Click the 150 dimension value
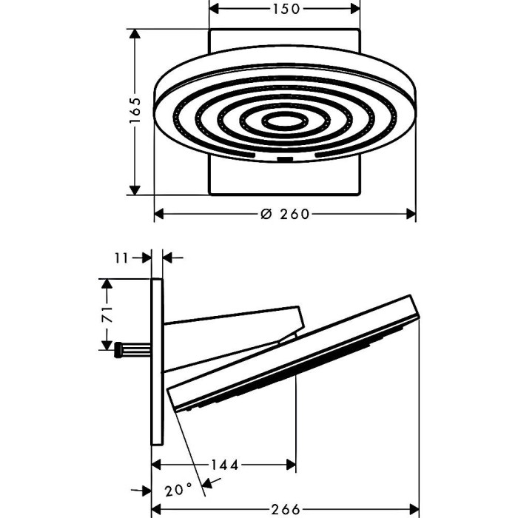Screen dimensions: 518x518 coord(286,9)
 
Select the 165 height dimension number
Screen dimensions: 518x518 coord(135,110)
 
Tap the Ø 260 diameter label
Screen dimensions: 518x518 coord(285,214)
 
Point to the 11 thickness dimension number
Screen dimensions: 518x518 coord(121,258)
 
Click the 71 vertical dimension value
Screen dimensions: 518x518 coord(107,314)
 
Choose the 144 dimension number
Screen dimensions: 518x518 coord(225,465)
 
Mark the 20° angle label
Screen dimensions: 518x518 coord(178,490)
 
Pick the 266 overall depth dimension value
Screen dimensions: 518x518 coord(286,509)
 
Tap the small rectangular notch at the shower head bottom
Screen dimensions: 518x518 coord(285,159)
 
